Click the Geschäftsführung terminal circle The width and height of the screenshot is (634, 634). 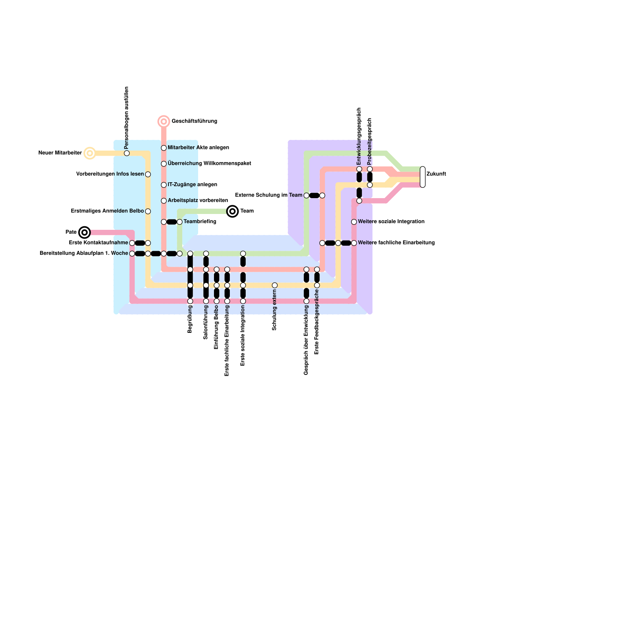tap(164, 121)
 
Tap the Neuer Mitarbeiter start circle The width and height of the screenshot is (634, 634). tap(90, 153)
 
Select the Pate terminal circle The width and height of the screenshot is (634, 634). tap(84, 232)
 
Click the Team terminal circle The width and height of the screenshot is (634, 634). tap(233, 211)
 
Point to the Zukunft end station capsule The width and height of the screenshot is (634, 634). tap(423, 177)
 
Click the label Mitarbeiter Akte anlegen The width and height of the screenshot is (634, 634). tap(198, 148)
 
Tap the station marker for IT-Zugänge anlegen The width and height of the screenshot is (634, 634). tap(164, 185)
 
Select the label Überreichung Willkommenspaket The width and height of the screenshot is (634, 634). tap(209, 164)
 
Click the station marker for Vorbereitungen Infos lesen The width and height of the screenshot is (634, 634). tap(148, 174)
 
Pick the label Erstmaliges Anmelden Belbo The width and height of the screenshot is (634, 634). tap(107, 211)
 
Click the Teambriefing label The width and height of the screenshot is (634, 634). tap(200, 222)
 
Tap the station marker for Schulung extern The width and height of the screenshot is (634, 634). tap(275, 285)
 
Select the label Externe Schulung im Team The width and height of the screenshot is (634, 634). tap(269, 195)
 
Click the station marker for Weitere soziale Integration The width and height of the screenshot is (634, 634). tap(354, 222)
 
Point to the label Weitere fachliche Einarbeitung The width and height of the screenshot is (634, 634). tap(396, 243)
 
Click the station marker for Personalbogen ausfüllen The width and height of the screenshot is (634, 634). tap(127, 153)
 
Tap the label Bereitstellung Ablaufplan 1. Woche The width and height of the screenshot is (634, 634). tap(84, 254)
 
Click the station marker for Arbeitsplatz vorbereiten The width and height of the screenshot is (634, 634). tap(164, 201)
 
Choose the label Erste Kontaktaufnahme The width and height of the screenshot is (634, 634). tap(98, 243)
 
